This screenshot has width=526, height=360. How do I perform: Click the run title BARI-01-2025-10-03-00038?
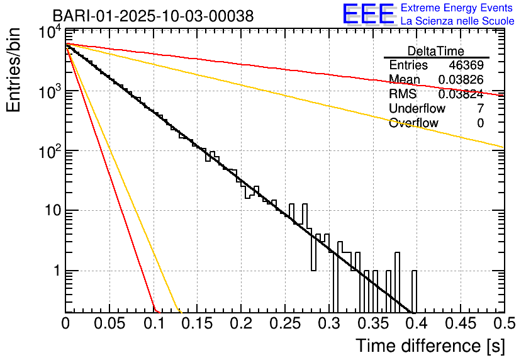click(x=153, y=16)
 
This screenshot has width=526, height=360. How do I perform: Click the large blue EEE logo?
click(x=368, y=14)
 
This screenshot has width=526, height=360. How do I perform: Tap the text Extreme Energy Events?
click(x=457, y=8)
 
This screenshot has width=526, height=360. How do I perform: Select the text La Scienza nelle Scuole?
click(x=457, y=21)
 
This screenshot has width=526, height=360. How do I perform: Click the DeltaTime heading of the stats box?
click(x=436, y=51)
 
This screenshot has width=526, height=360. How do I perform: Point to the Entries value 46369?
click(x=466, y=65)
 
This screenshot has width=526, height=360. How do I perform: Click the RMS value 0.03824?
click(x=461, y=94)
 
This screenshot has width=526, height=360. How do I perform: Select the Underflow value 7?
click(x=480, y=109)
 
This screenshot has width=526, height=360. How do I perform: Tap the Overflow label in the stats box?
click(x=413, y=123)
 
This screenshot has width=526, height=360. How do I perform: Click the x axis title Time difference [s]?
click(x=430, y=346)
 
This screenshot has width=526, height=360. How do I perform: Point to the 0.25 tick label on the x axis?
click(x=284, y=323)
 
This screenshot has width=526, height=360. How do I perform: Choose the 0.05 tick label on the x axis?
click(x=109, y=323)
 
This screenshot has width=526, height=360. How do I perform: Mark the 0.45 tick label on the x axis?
click(x=460, y=323)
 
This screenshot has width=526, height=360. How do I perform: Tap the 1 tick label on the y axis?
click(x=55, y=271)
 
